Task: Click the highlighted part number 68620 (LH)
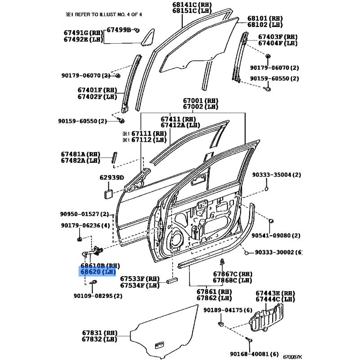98,272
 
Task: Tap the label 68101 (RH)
265,19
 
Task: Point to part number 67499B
118,30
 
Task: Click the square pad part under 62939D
108,193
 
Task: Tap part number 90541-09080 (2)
282,235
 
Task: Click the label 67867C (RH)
233,274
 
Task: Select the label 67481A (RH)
80,154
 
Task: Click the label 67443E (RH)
275,293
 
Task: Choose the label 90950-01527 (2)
85,214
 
